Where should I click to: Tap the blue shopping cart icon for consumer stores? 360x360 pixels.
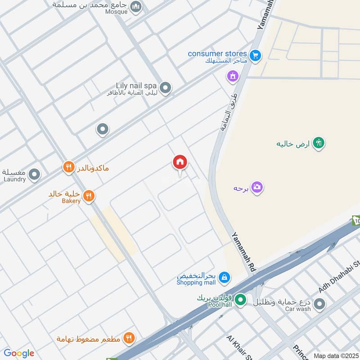[x=256, y=56]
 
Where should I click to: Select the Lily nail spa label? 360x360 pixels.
[x=135, y=85]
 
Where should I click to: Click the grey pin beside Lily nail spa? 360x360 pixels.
[x=166, y=88]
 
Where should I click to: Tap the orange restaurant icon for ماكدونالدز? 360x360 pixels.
[x=68, y=168]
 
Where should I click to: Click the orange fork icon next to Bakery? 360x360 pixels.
[x=89, y=196]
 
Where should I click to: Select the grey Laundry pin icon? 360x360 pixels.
[x=34, y=174]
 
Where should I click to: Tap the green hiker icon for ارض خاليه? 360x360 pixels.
[x=319, y=144]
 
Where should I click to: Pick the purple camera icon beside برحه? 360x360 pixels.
[x=257, y=187]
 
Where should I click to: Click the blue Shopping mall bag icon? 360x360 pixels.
[x=225, y=279]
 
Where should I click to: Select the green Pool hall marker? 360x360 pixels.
[x=241, y=299]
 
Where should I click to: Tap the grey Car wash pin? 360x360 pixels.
[x=319, y=304]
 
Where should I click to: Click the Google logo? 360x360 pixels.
[x=19, y=353]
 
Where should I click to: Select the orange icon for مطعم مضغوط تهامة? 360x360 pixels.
[x=129, y=337]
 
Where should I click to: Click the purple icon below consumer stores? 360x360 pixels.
[x=233, y=76]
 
